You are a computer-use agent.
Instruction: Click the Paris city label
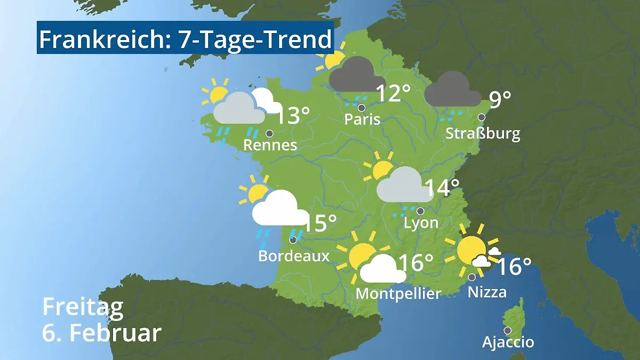tap(362, 119)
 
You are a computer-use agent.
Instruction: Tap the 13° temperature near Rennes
tap(293, 116)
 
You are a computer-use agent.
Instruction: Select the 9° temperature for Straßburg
tap(500, 100)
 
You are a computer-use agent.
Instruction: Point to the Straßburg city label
tap(483, 133)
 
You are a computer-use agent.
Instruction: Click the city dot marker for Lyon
tap(420, 211)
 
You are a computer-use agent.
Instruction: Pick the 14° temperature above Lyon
tap(442, 188)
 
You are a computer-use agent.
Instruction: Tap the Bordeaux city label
tap(294, 256)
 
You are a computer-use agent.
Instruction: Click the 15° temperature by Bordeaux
tap(320, 223)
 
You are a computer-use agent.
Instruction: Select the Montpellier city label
tap(398, 293)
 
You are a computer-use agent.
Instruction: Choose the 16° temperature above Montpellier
tap(415, 262)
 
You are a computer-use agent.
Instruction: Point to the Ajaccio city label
tap(508, 342)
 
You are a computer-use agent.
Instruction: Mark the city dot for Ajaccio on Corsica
tap(507, 330)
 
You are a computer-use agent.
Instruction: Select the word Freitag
tap(83, 308)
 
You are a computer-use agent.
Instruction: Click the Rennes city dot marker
tap(269, 133)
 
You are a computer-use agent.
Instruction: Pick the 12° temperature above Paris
tap(393, 94)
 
